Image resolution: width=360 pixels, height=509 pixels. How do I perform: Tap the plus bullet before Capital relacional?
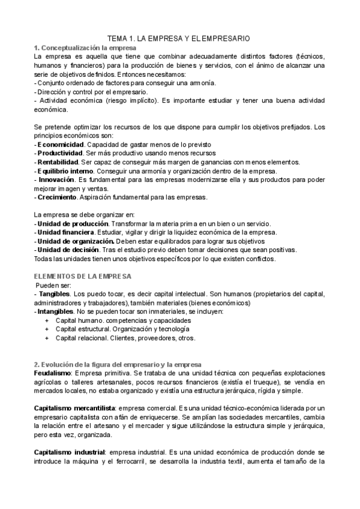pos(47,339)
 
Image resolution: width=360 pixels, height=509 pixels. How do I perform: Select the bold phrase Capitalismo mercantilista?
pos(74,408)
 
